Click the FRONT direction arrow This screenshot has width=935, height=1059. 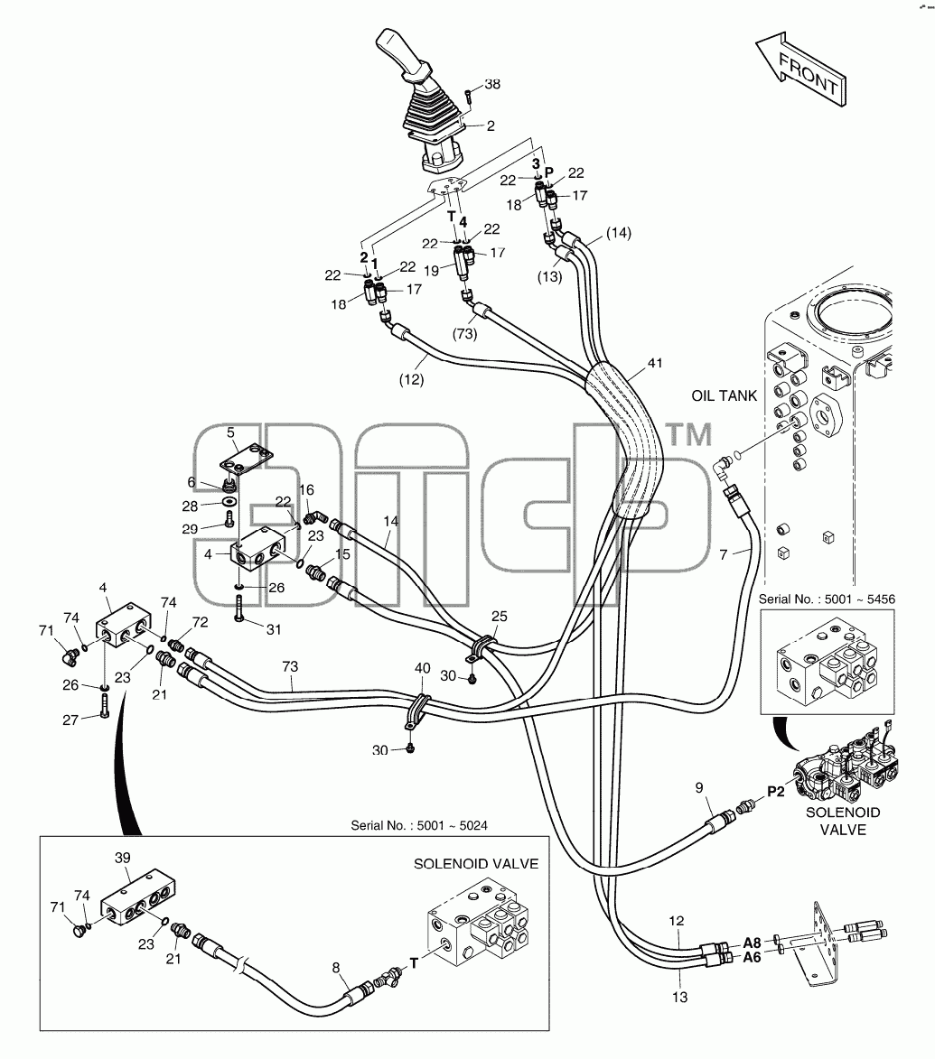click(801, 68)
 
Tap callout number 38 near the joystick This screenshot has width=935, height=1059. click(492, 84)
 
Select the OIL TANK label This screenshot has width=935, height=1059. click(725, 395)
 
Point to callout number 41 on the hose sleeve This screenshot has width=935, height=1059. click(655, 363)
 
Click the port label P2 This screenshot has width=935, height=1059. click(776, 791)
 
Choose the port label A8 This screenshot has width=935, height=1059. click(752, 943)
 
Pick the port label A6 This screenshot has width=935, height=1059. click(752, 957)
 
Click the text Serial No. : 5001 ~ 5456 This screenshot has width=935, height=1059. click(827, 599)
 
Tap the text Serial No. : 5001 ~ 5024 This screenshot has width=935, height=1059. click(419, 825)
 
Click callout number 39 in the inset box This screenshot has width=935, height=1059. click(122, 858)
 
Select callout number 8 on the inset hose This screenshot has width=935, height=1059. click(336, 968)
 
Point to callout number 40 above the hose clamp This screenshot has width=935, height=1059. click(422, 668)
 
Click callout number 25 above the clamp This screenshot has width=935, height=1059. click(500, 616)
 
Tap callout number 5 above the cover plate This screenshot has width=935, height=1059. click(230, 432)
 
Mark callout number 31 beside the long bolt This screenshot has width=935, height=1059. click(274, 629)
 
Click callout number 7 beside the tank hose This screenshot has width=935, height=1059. click(724, 554)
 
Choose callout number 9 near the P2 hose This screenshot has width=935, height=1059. click(699, 787)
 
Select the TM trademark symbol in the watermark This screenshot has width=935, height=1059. click(689, 434)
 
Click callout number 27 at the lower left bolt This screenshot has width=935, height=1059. click(70, 720)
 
